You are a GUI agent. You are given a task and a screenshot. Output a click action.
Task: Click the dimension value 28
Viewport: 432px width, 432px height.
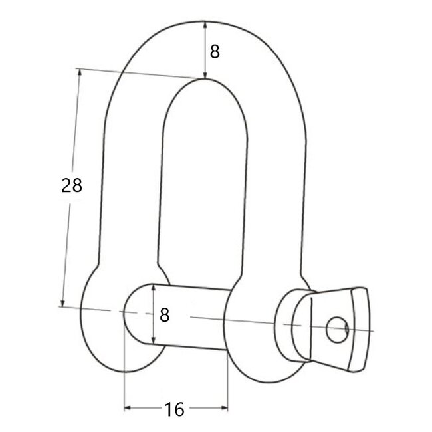(72, 186)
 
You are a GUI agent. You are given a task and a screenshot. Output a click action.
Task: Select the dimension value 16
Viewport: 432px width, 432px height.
(174, 409)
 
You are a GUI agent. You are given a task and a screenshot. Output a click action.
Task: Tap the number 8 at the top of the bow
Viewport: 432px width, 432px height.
(214, 51)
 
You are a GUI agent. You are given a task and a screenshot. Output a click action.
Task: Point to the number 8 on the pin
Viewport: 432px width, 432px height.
(165, 314)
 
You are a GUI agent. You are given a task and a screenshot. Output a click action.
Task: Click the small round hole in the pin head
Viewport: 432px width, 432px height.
(338, 327)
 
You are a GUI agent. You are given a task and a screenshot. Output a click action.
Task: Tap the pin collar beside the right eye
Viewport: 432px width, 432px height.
(292, 325)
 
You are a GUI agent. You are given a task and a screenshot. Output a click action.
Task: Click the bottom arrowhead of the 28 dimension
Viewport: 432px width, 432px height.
(63, 302)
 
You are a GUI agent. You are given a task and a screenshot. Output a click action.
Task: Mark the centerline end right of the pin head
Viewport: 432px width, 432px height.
(374, 330)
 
